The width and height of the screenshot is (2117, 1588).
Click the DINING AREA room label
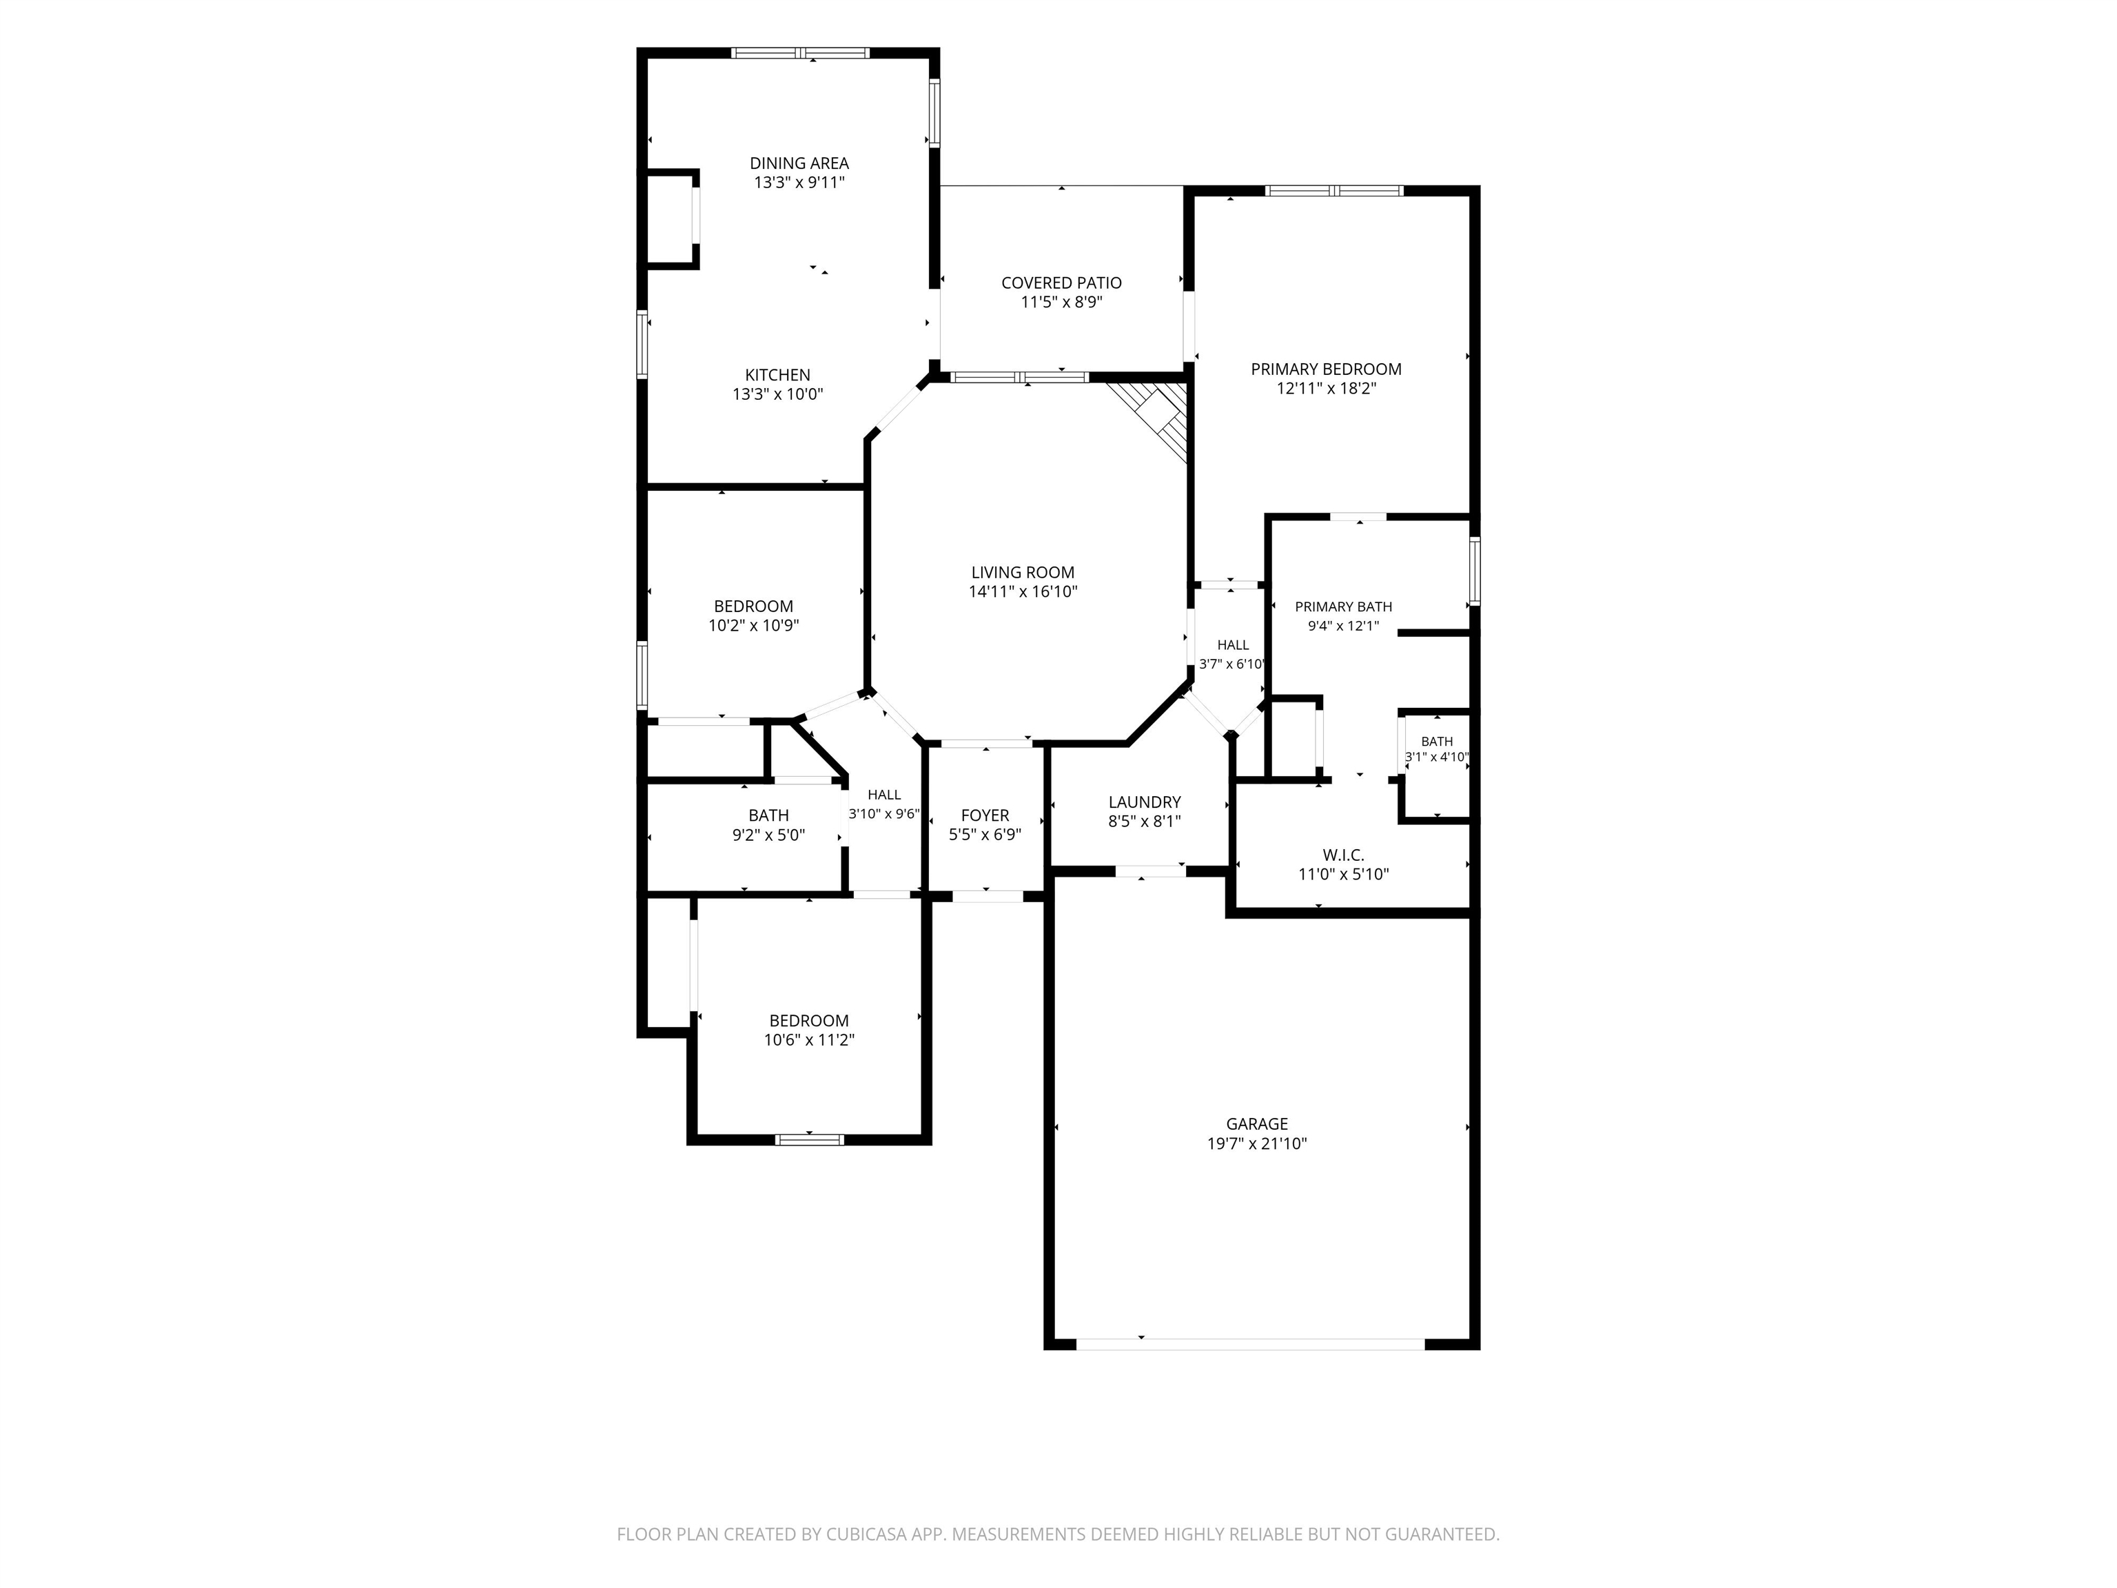coord(799,163)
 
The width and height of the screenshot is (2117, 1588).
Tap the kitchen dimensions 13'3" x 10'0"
coord(778,394)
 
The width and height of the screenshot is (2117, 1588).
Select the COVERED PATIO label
coord(1061,283)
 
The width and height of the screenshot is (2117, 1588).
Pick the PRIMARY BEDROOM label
coord(1327,369)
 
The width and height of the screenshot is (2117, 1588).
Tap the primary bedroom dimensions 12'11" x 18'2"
coord(1327,389)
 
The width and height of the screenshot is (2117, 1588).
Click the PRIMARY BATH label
coord(1344,607)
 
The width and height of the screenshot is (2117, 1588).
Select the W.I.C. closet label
coord(1344,856)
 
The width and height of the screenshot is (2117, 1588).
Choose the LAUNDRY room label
coord(1145,802)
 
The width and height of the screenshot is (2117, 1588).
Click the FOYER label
coord(985,815)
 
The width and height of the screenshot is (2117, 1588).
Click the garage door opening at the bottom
coord(1251,1344)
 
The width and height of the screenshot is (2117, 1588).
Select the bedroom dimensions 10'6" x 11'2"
coord(810,1041)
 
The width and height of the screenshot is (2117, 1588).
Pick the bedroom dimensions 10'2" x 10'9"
coord(754,626)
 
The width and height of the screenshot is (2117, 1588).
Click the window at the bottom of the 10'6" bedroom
coord(810,1139)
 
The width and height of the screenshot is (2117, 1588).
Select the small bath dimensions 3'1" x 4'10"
coord(1437,757)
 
